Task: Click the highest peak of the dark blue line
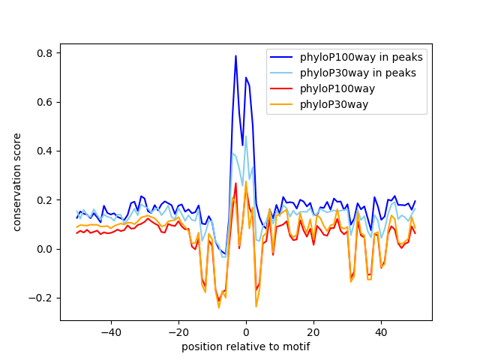pos(235,55)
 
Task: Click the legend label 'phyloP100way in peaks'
pos(361,57)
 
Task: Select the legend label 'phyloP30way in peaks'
pos(358,73)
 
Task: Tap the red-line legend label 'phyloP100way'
pos(337,88)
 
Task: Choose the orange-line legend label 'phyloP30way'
pos(334,104)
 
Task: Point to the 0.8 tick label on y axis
pos(45,53)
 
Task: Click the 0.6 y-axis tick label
pos(45,102)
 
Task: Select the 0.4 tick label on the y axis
pos(45,151)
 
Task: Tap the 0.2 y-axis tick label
pos(45,200)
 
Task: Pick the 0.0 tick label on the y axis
pos(45,249)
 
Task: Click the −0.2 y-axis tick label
pos(41,298)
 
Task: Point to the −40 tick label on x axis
pos(111,332)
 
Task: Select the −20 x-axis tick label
pos(178,332)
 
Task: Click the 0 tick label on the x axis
pos(246,332)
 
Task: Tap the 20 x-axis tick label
pos(313,332)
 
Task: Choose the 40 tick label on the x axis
pos(382,332)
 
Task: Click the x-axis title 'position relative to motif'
pos(246,346)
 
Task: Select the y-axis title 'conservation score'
pos(16,182)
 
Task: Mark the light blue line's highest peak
pos(246,136)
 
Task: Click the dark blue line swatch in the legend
pos(281,57)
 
